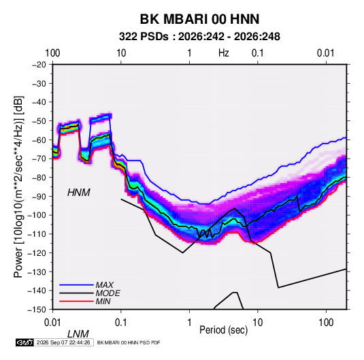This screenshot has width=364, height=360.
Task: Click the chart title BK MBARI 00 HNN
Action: pos(199,19)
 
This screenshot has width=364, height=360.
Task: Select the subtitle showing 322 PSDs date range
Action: pos(199,37)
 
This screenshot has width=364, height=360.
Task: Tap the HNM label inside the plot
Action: pos(79,193)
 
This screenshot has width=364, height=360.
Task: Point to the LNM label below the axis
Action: pos(78,334)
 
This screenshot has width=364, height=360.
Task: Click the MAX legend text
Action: pos(105,285)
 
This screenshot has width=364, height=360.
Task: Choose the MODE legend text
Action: pos(108,293)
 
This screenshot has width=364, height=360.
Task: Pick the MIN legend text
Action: pos(103,301)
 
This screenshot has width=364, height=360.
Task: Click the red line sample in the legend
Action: pos(76,301)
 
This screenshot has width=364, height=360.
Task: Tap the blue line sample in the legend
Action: pos(76,285)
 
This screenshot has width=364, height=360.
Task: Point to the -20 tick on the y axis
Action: pos(39,65)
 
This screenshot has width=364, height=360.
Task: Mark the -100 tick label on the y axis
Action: pos(37,215)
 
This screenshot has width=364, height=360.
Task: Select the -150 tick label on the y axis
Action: pos(37,310)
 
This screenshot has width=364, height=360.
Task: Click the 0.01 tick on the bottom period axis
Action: pos(52,323)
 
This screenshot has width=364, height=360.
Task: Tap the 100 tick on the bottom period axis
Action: pos(326,323)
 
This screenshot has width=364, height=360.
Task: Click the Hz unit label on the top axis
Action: pos(224,53)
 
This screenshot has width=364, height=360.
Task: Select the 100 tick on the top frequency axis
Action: pos(52,53)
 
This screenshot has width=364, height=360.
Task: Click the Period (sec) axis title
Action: pos(224,330)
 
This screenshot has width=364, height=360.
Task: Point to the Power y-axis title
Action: pos(18,187)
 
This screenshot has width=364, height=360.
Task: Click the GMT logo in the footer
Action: pos(25,342)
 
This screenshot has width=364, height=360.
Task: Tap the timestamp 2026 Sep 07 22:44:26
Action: pos(63,342)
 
